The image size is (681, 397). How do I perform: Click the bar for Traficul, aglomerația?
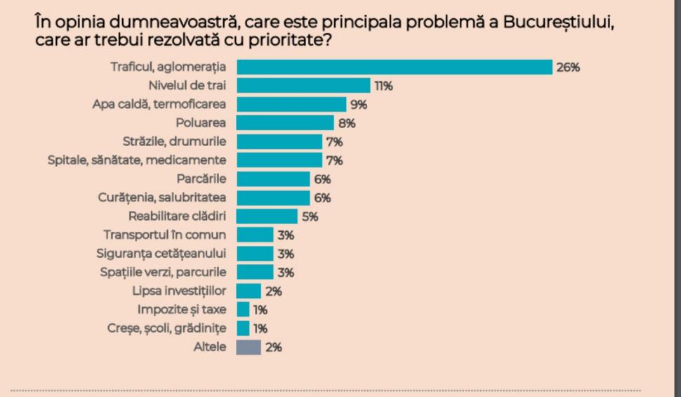[394, 67]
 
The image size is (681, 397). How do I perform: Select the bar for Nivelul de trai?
[303, 86]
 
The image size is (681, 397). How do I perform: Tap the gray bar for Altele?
[249, 347]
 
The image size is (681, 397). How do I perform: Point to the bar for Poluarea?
[285, 123]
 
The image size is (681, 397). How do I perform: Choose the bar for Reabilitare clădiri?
[267, 216]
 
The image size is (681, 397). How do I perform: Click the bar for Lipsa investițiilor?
[249, 291]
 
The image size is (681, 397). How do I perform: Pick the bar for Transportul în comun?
[255, 235]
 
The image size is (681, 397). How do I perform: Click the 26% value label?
[569, 67]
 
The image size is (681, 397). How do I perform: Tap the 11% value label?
[383, 86]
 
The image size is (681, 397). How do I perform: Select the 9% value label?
[359, 105]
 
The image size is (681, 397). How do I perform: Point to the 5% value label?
[310, 216]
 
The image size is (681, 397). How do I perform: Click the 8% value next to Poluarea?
[347, 124]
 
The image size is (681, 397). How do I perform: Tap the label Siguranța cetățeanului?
[161, 254]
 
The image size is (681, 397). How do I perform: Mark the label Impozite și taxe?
[181, 309]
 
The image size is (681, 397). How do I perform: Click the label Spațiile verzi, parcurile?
[161, 272]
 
